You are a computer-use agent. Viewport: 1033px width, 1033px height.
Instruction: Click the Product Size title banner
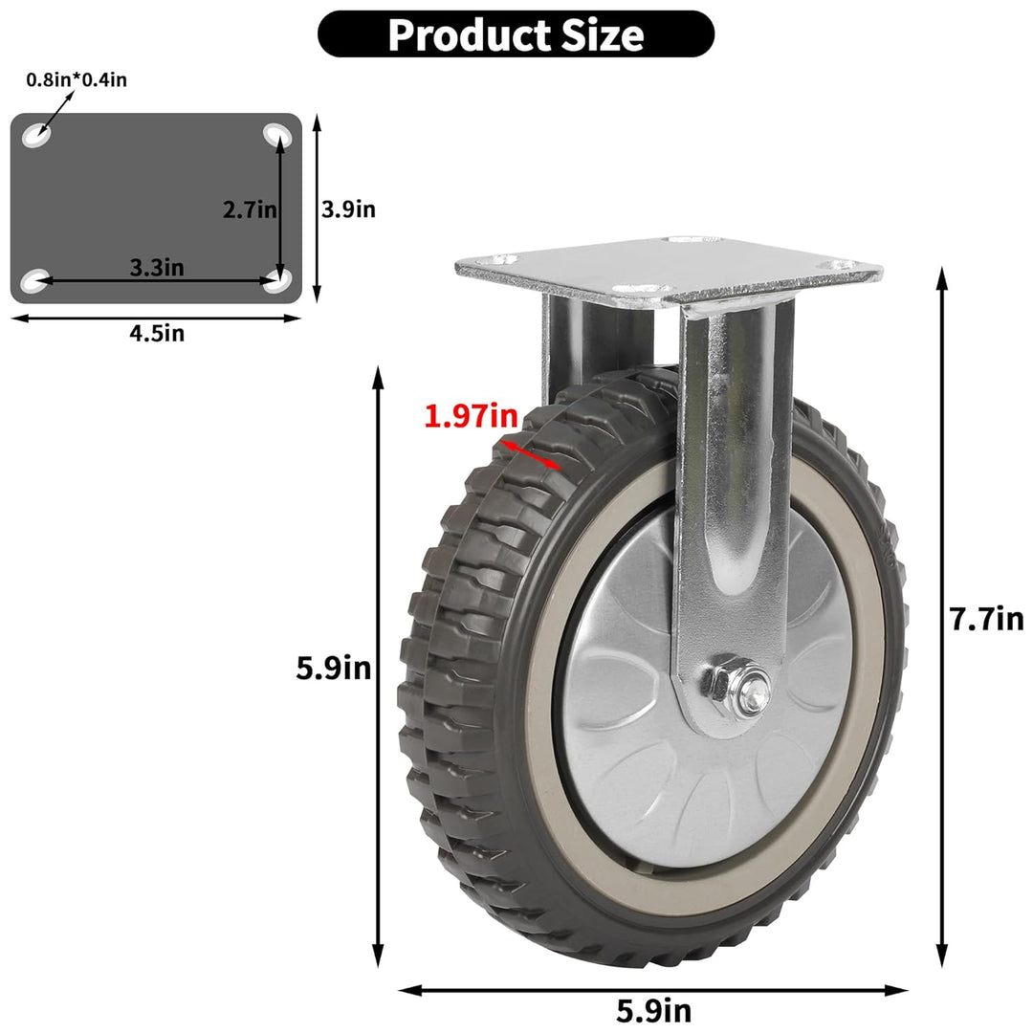point(516,34)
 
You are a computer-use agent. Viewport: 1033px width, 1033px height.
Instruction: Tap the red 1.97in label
point(471,416)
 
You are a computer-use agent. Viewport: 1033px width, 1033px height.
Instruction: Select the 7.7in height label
point(987,619)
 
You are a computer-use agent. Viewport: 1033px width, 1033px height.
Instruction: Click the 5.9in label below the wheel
point(654,1010)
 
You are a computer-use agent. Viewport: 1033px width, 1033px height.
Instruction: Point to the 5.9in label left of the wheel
point(334,668)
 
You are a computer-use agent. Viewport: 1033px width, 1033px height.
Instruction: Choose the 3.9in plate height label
point(348,209)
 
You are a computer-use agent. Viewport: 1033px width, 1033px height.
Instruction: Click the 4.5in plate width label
point(157,334)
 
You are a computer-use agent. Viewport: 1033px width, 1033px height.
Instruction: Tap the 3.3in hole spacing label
point(157,268)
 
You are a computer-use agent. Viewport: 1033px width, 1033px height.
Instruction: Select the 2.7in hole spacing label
point(250,209)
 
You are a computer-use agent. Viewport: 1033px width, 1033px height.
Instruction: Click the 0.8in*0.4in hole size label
point(77,79)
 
